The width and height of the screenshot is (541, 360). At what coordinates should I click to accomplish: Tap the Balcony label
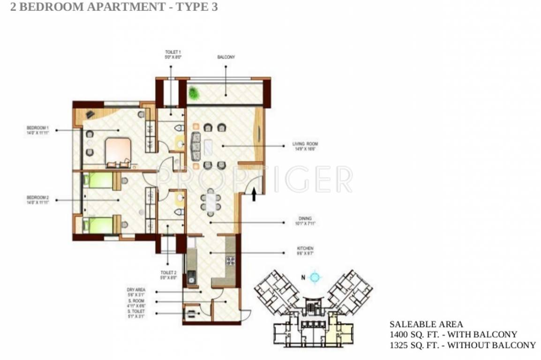[226, 57]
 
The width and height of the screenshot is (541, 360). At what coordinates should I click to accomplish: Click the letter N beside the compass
[303, 277]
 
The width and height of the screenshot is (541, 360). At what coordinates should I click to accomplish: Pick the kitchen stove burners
[231, 261]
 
